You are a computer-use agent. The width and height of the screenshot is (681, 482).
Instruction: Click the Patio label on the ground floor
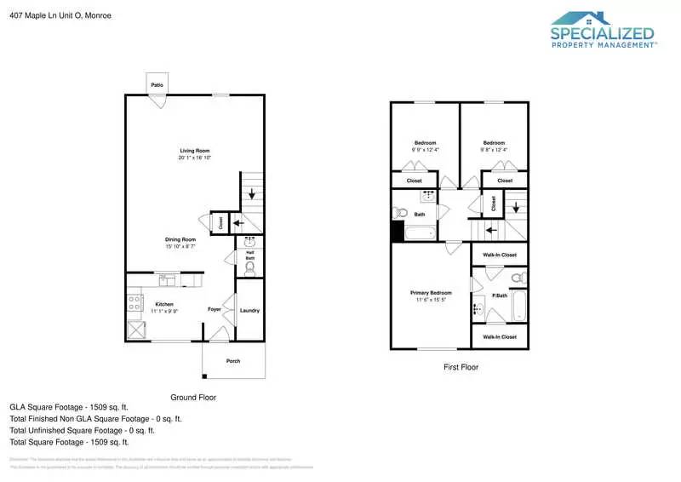157,85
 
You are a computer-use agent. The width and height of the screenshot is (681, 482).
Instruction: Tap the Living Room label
194,151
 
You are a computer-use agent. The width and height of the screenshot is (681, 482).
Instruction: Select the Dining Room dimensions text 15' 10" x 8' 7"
180,247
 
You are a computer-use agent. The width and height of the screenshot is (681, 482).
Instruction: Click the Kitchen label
164,304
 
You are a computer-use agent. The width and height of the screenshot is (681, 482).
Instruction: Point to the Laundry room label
249,310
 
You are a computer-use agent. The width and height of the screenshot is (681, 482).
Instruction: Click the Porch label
232,361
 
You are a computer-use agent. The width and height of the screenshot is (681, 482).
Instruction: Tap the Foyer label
215,309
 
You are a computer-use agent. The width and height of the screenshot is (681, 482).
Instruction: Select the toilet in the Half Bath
249,270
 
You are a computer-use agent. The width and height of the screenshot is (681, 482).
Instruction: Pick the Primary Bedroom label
427,292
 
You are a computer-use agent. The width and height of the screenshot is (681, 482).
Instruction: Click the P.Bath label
500,296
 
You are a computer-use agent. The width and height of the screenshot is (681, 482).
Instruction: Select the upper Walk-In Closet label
500,255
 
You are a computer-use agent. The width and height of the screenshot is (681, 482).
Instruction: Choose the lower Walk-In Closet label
500,337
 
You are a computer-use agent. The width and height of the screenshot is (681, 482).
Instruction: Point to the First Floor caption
461,368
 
